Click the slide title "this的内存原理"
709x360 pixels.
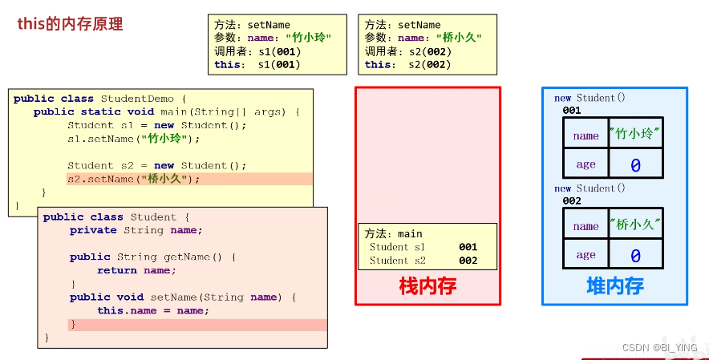(x=71, y=24)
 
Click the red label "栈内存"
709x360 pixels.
(x=427, y=285)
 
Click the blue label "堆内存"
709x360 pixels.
(x=614, y=285)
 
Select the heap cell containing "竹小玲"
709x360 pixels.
(x=635, y=134)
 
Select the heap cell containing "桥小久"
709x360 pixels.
(x=635, y=224)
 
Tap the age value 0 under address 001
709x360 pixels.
(x=635, y=165)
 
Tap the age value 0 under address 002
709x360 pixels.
(x=635, y=256)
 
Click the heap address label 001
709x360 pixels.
(x=572, y=111)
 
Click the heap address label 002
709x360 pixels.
(x=572, y=201)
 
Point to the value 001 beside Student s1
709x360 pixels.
(x=468, y=248)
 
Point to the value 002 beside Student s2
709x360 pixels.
(x=468, y=261)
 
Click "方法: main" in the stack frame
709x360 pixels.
(x=393, y=234)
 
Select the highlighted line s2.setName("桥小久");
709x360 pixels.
(x=134, y=179)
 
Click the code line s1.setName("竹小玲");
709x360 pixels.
(x=133, y=139)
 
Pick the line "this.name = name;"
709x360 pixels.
(x=153, y=310)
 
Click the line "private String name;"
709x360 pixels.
(x=136, y=230)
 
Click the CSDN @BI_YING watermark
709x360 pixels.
(x=659, y=347)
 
